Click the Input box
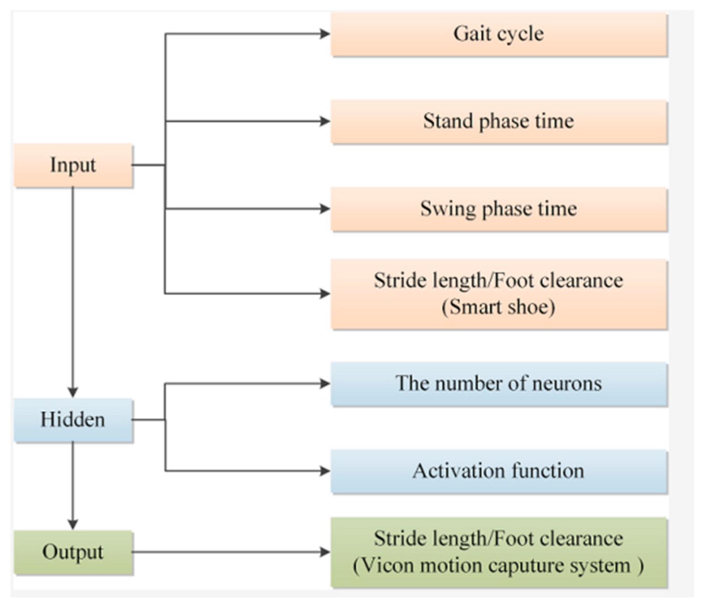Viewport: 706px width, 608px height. (x=73, y=165)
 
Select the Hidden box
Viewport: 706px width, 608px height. (x=73, y=420)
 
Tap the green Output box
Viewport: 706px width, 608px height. (x=73, y=552)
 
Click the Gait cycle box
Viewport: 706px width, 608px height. (x=499, y=34)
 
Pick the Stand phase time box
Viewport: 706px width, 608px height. (x=499, y=122)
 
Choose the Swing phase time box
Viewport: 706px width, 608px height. (x=499, y=209)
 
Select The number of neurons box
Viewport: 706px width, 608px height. (x=499, y=384)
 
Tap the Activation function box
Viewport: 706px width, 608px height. (x=499, y=471)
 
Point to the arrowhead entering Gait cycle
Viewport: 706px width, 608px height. (x=325, y=34)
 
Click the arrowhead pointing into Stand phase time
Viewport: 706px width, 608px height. (x=325, y=121)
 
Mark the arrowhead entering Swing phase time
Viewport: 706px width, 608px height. (x=325, y=208)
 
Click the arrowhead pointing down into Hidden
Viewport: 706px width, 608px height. (x=73, y=392)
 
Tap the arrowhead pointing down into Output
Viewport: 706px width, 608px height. (x=73, y=524)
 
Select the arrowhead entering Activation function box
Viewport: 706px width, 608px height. (x=325, y=471)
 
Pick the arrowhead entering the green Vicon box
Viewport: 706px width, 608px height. (x=325, y=552)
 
